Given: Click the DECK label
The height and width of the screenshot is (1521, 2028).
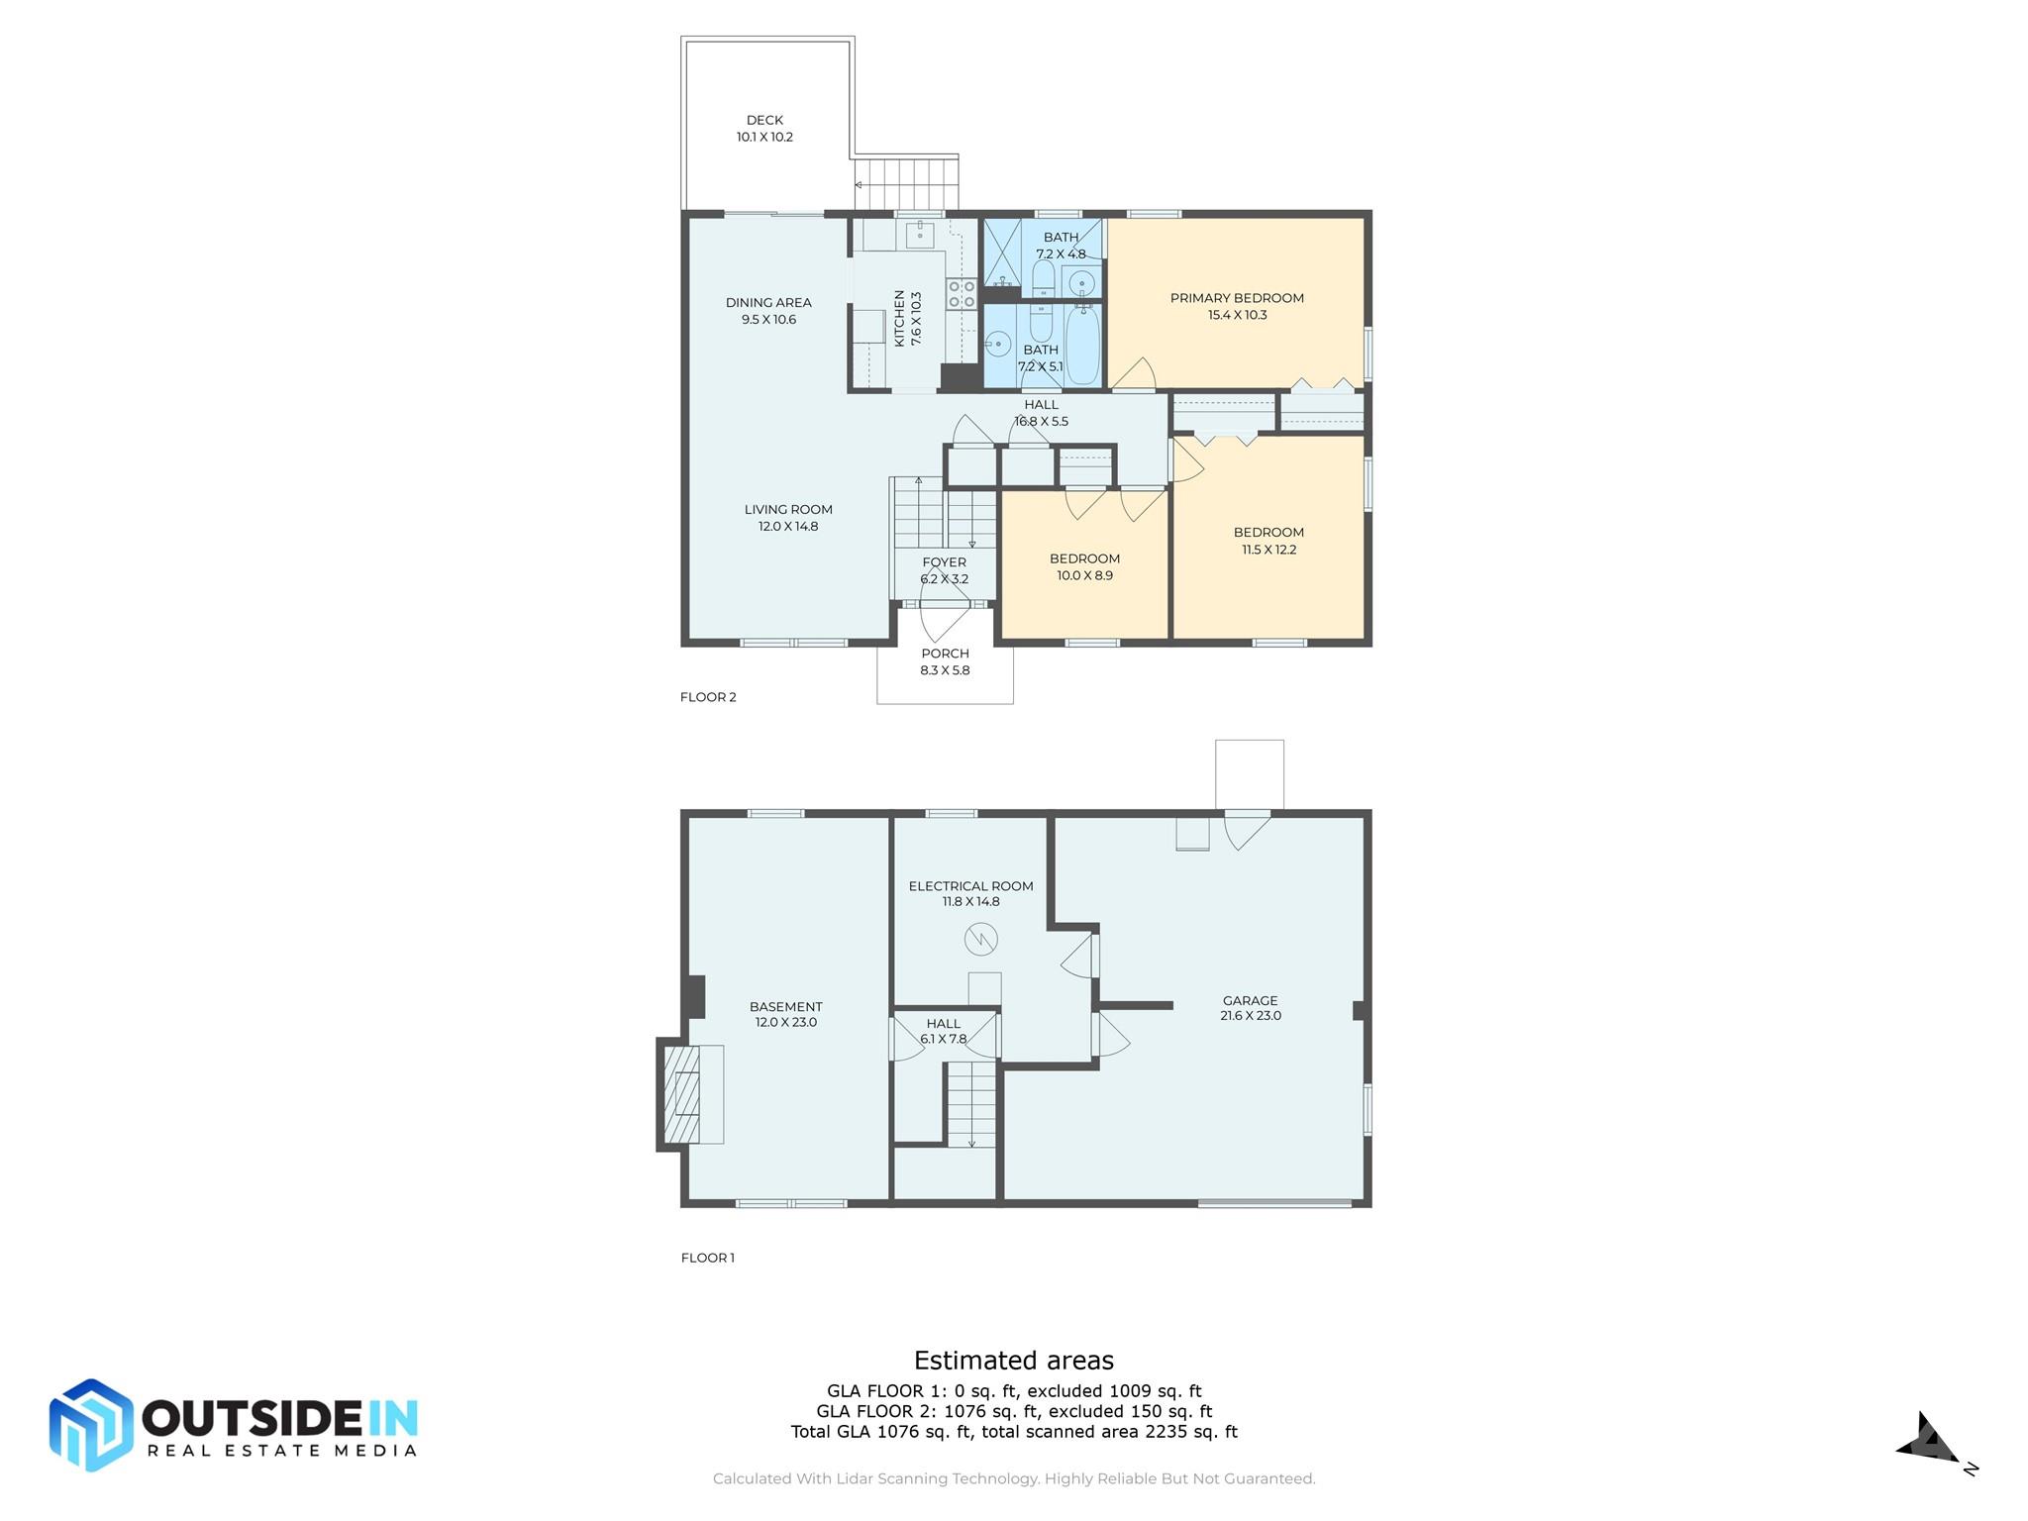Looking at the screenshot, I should pyautogui.click(x=764, y=120).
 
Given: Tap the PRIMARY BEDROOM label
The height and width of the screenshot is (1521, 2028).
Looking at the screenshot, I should pyautogui.click(x=1236, y=298).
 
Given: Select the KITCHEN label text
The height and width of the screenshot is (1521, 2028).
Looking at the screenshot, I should pyautogui.click(x=900, y=318).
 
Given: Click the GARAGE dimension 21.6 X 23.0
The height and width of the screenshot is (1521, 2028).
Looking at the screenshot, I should pyautogui.click(x=1251, y=1016).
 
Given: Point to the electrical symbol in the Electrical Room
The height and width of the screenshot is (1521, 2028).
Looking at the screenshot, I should pyautogui.click(x=980, y=939).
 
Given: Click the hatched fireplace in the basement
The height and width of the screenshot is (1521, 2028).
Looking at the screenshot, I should pyautogui.click(x=681, y=1094).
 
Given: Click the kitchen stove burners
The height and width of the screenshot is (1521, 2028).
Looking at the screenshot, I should pyautogui.click(x=962, y=294).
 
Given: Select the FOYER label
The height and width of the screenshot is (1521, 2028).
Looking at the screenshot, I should pyautogui.click(x=944, y=562).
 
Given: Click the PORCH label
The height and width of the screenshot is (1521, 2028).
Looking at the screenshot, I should pyautogui.click(x=945, y=654).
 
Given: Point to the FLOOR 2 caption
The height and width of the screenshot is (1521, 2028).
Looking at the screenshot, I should pyautogui.click(x=708, y=697).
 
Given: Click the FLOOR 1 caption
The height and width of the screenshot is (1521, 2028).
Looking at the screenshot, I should pyautogui.click(x=707, y=1258).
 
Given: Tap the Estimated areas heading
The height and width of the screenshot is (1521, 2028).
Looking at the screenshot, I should pyautogui.click(x=1013, y=1361).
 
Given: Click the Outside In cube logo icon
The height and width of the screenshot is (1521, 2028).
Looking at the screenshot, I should pyautogui.click(x=91, y=1425).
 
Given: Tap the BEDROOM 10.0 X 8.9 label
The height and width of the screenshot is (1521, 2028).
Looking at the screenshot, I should pyautogui.click(x=1084, y=558).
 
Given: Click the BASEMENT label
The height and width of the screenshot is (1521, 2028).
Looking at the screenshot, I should pyautogui.click(x=785, y=1007).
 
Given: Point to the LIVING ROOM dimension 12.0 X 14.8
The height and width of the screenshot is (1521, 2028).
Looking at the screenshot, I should pyautogui.click(x=788, y=527).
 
